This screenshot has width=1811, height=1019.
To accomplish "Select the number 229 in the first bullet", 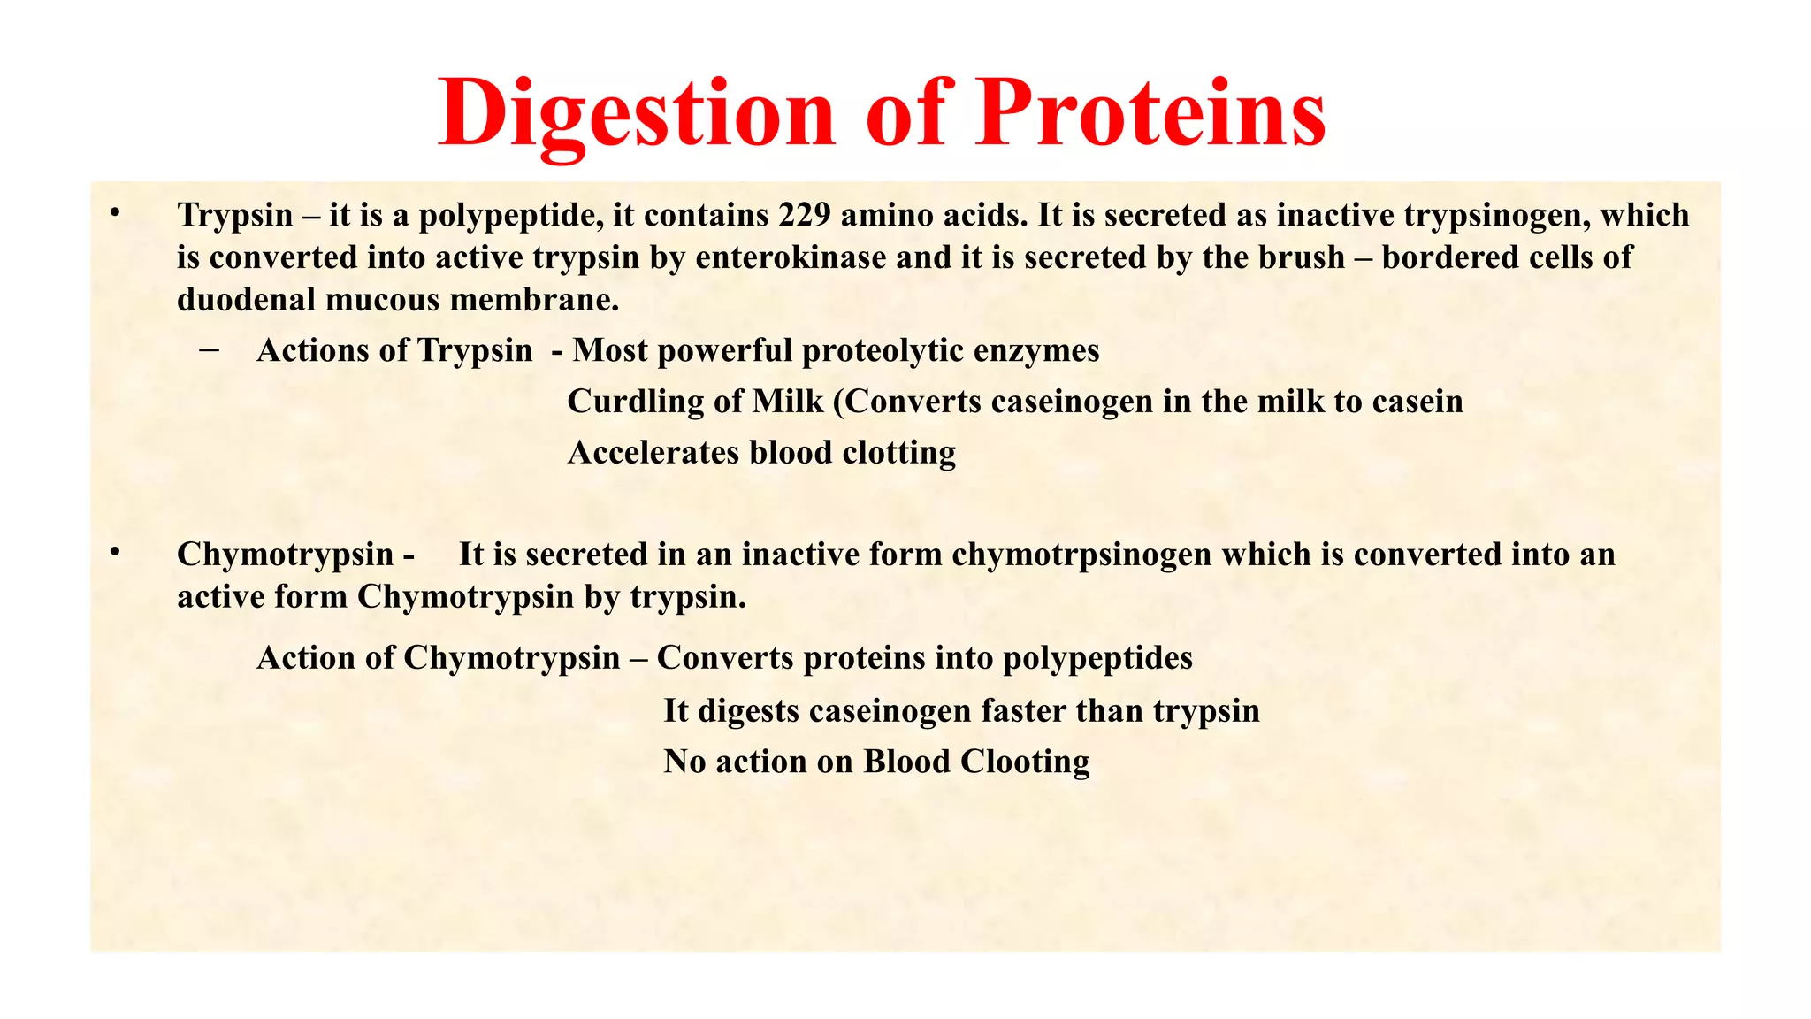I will click(804, 215).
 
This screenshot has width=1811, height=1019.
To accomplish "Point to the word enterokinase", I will click(791, 257).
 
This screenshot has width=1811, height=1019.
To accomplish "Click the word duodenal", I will click(247, 300).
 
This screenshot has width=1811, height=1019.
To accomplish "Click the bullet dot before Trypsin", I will click(114, 212).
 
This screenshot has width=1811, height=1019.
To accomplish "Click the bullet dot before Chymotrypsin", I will click(114, 552).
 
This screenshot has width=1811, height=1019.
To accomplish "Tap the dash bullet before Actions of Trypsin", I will click(210, 350).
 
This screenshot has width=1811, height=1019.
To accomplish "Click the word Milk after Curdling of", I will click(788, 402).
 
